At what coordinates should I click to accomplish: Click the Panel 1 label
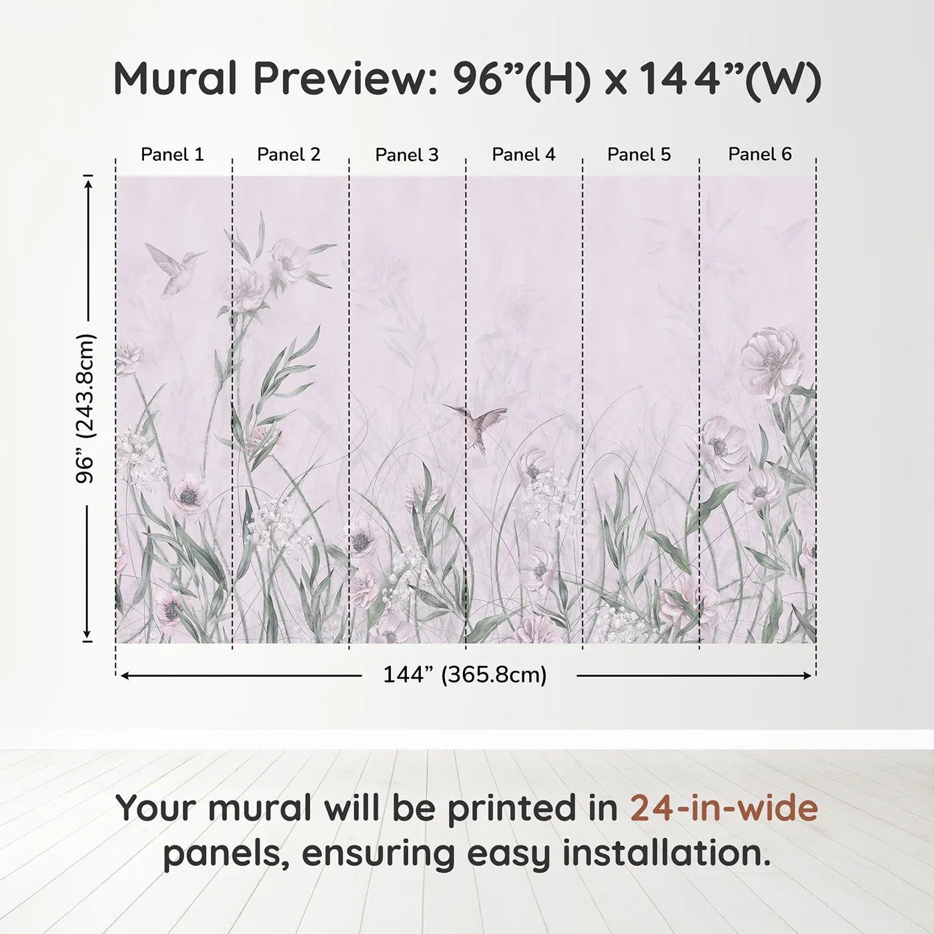(172, 155)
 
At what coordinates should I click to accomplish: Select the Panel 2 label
(289, 155)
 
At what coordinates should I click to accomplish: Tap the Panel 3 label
(407, 155)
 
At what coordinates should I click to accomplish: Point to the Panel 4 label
(524, 155)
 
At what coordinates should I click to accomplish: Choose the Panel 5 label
(639, 155)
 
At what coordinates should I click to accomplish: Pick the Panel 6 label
(760, 155)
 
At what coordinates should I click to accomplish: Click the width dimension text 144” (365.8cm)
(465, 675)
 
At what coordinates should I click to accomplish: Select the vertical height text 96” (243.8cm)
(86, 408)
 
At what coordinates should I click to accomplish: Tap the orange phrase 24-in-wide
(724, 808)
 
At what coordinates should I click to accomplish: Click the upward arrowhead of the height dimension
(87, 181)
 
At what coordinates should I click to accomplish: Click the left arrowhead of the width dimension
(124, 676)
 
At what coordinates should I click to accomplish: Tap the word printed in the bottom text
(512, 808)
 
